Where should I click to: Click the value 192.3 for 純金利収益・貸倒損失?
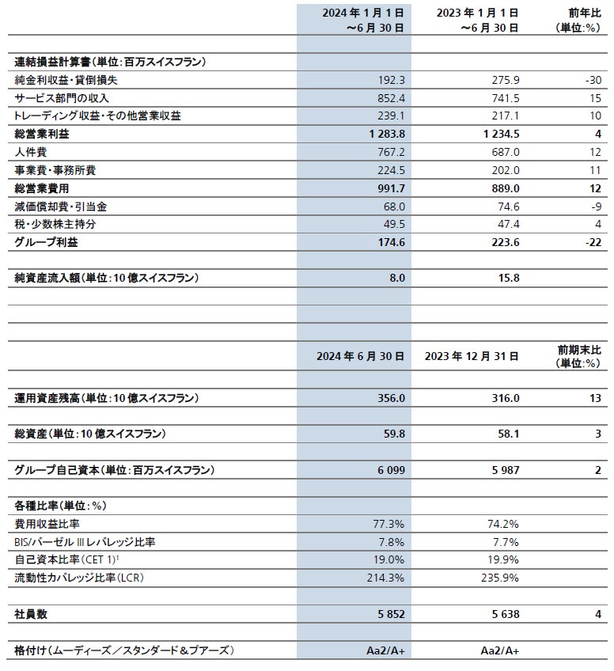tap(392, 80)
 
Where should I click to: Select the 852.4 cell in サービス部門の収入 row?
tap(392, 98)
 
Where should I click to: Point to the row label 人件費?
tap(33, 152)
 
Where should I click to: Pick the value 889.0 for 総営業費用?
tap(504, 188)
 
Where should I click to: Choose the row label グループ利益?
tap(47, 242)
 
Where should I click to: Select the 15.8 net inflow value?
tap(509, 278)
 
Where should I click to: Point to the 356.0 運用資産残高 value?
tap(392, 398)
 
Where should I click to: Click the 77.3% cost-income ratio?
tap(390, 524)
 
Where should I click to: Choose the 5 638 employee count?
tap(502, 613)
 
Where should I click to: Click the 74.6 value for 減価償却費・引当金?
tap(506, 206)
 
